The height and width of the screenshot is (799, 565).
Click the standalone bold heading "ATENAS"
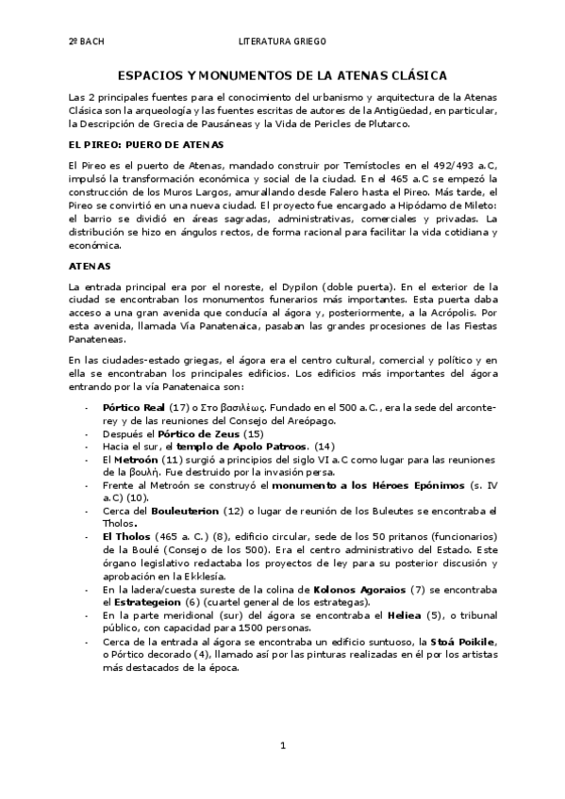click(91, 266)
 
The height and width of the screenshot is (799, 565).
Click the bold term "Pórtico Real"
click(134, 406)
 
